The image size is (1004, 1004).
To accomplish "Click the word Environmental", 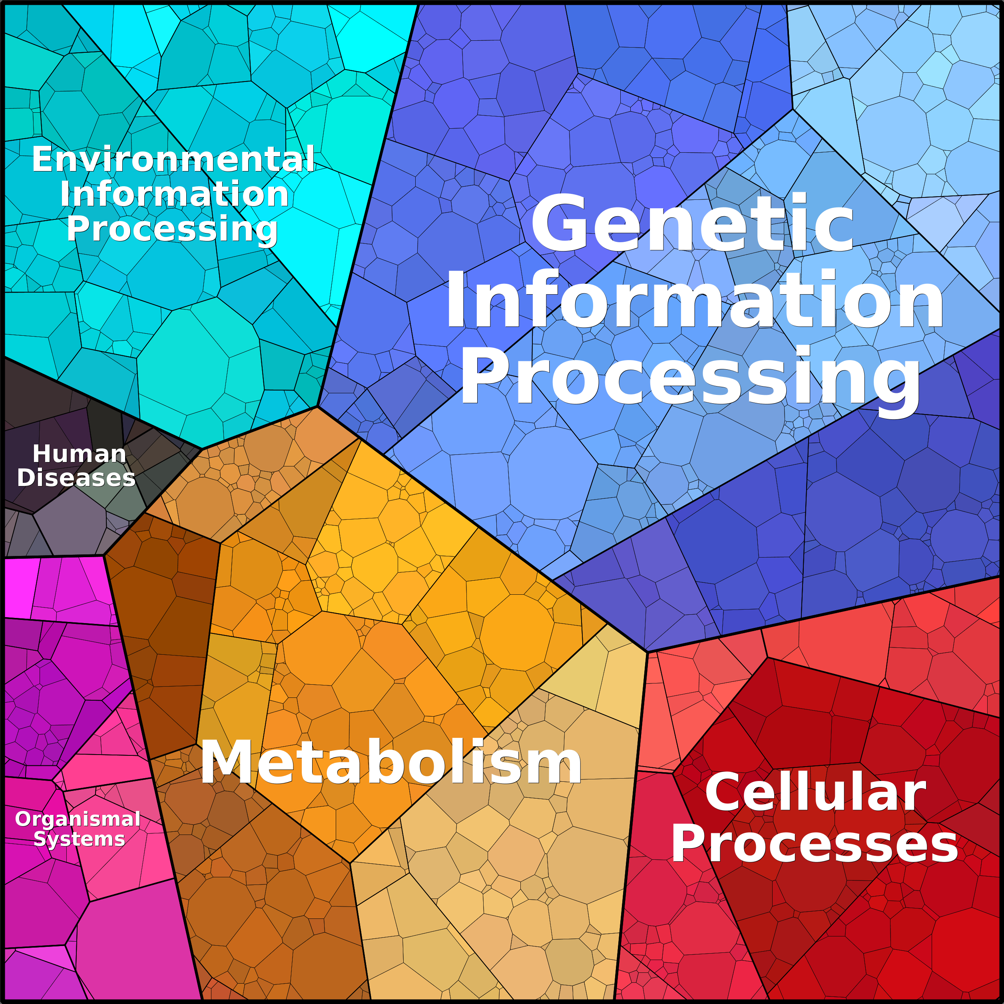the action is [x=173, y=159].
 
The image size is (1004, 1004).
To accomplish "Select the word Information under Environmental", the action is [x=174, y=194].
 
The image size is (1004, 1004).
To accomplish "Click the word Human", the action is [x=80, y=454].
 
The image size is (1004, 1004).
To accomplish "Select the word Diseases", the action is [x=76, y=478].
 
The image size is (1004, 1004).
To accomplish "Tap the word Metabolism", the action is [x=391, y=762].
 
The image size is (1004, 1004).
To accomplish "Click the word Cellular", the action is [x=815, y=792].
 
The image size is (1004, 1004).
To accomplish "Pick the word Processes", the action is [x=814, y=845].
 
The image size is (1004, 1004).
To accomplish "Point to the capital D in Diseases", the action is [x=26, y=478].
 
